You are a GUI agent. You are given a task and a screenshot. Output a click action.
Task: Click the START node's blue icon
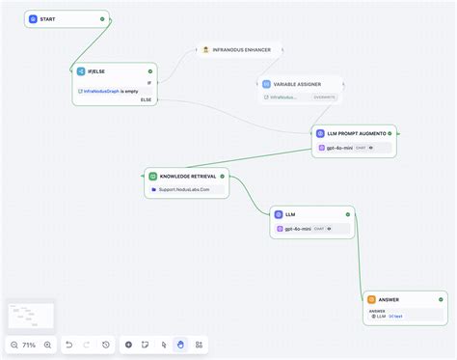click(33, 19)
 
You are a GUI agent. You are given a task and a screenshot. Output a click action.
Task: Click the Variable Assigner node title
click(297, 84)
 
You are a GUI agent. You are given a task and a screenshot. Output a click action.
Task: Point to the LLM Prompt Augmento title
click(359, 133)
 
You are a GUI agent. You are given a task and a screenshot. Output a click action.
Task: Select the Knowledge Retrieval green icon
click(153, 177)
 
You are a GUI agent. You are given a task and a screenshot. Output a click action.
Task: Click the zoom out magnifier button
click(14, 345)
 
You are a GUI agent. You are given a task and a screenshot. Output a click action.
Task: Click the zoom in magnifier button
click(48, 345)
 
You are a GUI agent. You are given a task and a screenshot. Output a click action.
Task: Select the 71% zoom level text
click(31, 345)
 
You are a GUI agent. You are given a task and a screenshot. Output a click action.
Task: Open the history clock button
click(105, 345)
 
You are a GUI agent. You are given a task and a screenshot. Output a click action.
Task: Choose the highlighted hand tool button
click(180, 345)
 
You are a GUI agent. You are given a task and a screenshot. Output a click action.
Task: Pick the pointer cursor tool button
click(163, 345)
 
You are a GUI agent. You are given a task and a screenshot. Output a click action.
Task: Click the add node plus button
click(128, 345)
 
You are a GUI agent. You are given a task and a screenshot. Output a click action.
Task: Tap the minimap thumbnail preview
click(29, 315)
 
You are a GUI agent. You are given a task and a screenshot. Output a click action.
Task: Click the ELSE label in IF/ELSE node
click(146, 99)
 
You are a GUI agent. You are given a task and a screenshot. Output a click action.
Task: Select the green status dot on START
click(102, 19)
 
